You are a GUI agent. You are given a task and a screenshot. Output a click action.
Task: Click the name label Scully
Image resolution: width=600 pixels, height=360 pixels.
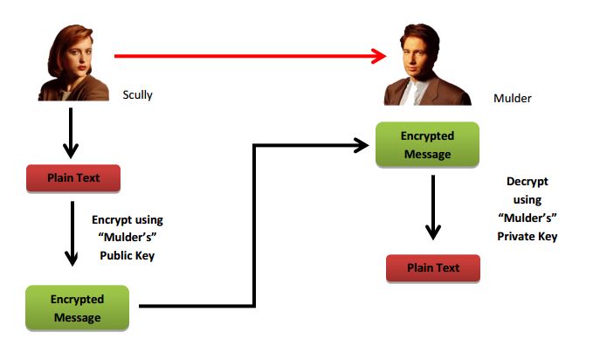[138, 94]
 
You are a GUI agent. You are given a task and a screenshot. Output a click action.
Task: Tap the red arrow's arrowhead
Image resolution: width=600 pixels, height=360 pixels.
[378, 57]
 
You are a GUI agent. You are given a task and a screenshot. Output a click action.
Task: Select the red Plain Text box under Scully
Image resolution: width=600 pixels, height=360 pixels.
[72, 177]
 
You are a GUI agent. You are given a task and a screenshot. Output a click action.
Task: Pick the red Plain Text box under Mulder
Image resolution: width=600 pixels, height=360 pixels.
[433, 267]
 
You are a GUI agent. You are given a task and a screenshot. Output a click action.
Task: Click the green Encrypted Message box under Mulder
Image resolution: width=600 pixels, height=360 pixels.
[427, 145]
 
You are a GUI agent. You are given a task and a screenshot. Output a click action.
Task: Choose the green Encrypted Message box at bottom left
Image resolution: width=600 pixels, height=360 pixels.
[77, 307]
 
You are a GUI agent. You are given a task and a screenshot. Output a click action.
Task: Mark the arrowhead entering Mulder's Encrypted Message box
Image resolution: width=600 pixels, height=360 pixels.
[362, 145]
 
